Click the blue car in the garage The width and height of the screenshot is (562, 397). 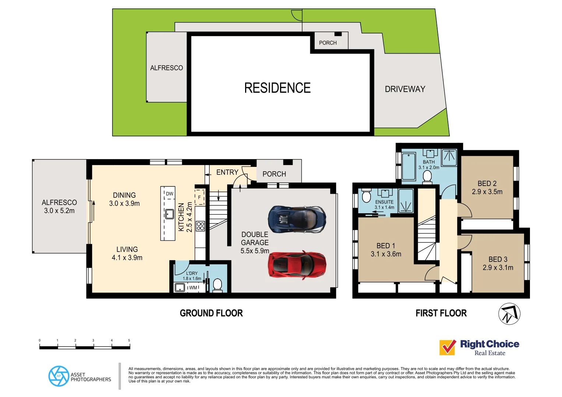(297, 219)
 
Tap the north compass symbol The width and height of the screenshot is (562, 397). (509, 314)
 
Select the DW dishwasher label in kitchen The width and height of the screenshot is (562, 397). (169, 194)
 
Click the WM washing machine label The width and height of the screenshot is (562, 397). (193, 288)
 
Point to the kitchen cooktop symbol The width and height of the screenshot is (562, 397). (200, 226)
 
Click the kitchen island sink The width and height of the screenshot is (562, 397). (169, 214)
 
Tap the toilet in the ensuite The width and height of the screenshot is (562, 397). (366, 196)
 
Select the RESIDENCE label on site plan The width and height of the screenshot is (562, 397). (277, 88)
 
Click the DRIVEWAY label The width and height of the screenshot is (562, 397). (405, 89)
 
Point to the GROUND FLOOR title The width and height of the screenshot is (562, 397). (211, 313)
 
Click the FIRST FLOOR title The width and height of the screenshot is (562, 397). (441, 313)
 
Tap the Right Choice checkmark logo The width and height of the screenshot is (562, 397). (448, 347)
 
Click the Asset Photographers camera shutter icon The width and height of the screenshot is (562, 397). (59, 376)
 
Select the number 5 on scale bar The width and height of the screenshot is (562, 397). (129, 340)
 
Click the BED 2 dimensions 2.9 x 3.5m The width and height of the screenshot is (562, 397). (487, 192)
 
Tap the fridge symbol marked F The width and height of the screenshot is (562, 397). (199, 197)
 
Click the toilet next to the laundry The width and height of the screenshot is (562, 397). (218, 285)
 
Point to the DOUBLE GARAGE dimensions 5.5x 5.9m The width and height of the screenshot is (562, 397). (255, 251)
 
